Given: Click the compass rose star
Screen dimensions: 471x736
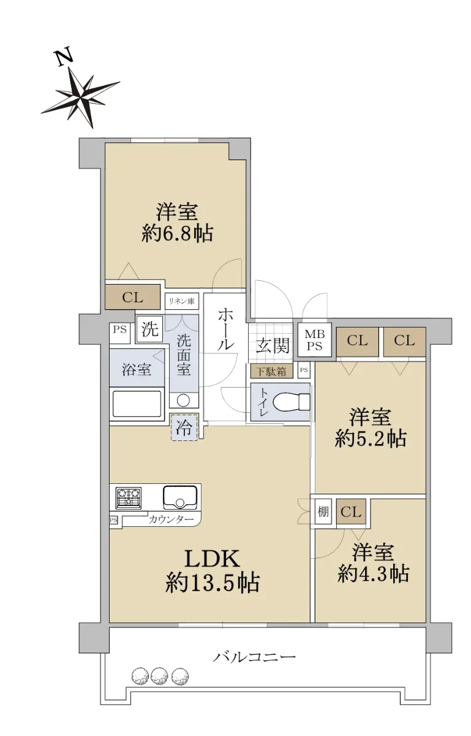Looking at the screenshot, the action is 81,97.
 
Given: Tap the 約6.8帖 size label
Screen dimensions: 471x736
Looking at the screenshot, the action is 177,234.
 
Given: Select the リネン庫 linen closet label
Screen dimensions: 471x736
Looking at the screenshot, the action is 181,301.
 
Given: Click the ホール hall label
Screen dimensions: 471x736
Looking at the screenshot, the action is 225,329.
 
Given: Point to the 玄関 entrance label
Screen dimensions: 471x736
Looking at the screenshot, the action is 273,345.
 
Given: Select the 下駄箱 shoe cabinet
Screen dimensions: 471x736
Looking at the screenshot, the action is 271,372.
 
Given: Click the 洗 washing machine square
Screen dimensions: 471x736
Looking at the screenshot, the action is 149,329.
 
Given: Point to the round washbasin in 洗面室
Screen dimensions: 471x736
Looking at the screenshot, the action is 184,400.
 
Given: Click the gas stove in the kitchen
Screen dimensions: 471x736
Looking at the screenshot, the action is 129,498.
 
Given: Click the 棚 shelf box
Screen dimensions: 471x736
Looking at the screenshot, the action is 323,512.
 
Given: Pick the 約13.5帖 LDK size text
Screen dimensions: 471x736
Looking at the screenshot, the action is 213,583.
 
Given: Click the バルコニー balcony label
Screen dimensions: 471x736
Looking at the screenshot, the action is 254,657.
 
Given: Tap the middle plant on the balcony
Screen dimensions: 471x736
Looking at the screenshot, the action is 159,675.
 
